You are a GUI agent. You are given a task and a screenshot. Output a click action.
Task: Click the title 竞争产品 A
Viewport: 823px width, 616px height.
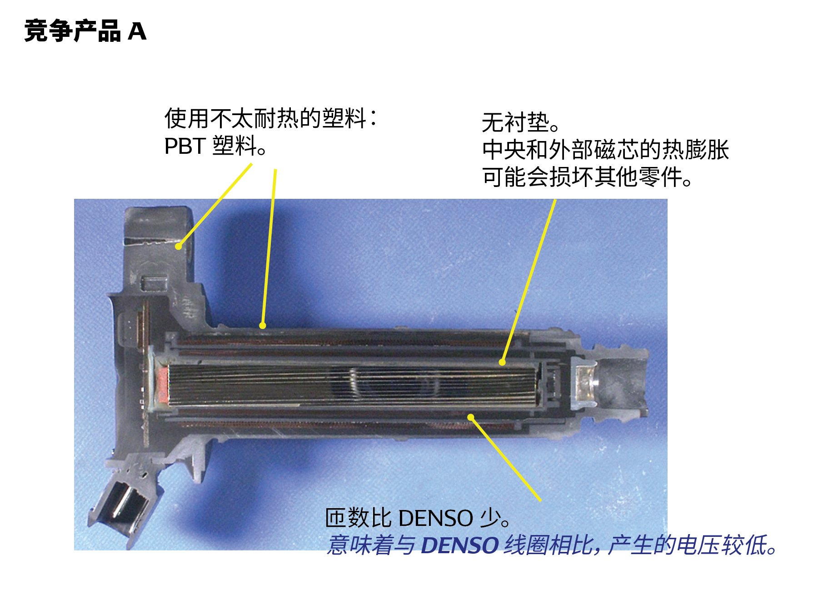[85, 31]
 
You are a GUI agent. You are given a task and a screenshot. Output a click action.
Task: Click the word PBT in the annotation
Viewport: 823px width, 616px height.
[185, 146]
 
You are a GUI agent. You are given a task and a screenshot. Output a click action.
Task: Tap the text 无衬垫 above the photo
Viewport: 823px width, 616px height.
[515, 122]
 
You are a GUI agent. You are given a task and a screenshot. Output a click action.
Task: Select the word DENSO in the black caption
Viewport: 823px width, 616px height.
[436, 518]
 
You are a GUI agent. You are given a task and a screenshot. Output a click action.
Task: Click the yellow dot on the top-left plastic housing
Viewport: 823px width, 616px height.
[179, 247]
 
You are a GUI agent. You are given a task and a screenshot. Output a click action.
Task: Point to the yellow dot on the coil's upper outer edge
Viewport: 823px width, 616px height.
[262, 325]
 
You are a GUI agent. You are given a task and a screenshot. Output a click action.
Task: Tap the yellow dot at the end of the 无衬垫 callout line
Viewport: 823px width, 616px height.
[502, 362]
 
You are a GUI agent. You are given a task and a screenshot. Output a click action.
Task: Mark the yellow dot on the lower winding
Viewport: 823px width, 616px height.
[471, 417]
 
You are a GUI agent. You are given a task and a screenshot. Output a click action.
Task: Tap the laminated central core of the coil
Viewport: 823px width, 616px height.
[350, 385]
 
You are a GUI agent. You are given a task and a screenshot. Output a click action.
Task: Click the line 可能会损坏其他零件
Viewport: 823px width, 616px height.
[586, 177]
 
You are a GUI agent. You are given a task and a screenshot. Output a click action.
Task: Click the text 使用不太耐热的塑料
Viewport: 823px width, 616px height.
[265, 118]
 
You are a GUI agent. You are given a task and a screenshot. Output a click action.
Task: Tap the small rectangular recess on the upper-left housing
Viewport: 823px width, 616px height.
[154, 283]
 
